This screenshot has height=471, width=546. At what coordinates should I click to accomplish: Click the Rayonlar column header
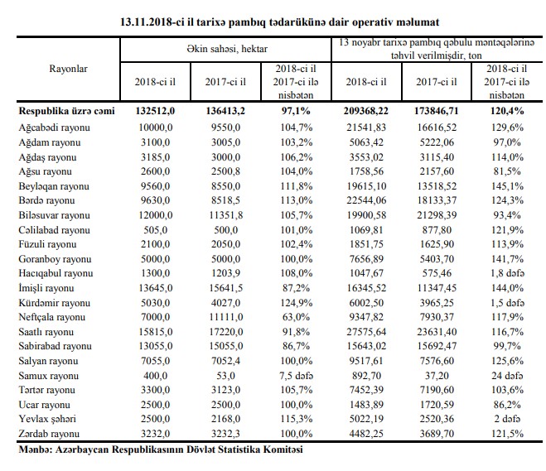point(68,69)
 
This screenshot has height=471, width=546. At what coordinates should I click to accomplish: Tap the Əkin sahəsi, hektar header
point(227,49)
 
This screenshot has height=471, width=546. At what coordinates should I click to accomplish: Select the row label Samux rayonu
point(48,376)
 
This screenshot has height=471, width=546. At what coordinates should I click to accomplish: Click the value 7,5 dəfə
point(297,376)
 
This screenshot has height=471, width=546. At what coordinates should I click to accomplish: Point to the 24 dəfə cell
point(507,376)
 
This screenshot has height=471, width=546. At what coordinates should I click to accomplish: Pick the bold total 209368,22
point(366,111)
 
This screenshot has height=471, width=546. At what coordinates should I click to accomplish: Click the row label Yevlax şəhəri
point(47,419)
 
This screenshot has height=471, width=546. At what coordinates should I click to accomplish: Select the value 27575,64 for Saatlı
point(366,332)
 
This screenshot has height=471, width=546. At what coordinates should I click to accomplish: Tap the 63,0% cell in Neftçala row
point(296,317)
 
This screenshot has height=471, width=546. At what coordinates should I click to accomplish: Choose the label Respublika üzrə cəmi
point(66,111)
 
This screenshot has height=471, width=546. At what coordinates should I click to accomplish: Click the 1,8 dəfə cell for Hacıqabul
point(507,273)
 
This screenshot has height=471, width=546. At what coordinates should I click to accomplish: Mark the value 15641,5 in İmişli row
point(225,288)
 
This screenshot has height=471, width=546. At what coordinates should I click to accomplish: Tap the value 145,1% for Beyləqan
point(507,186)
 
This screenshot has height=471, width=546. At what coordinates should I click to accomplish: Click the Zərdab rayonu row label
point(49,434)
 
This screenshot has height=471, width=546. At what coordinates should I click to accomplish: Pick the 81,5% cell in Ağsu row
point(507,171)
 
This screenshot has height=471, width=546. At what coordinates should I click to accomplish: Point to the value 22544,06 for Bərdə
point(366,200)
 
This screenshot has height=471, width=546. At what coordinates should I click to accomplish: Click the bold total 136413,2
point(225,111)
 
